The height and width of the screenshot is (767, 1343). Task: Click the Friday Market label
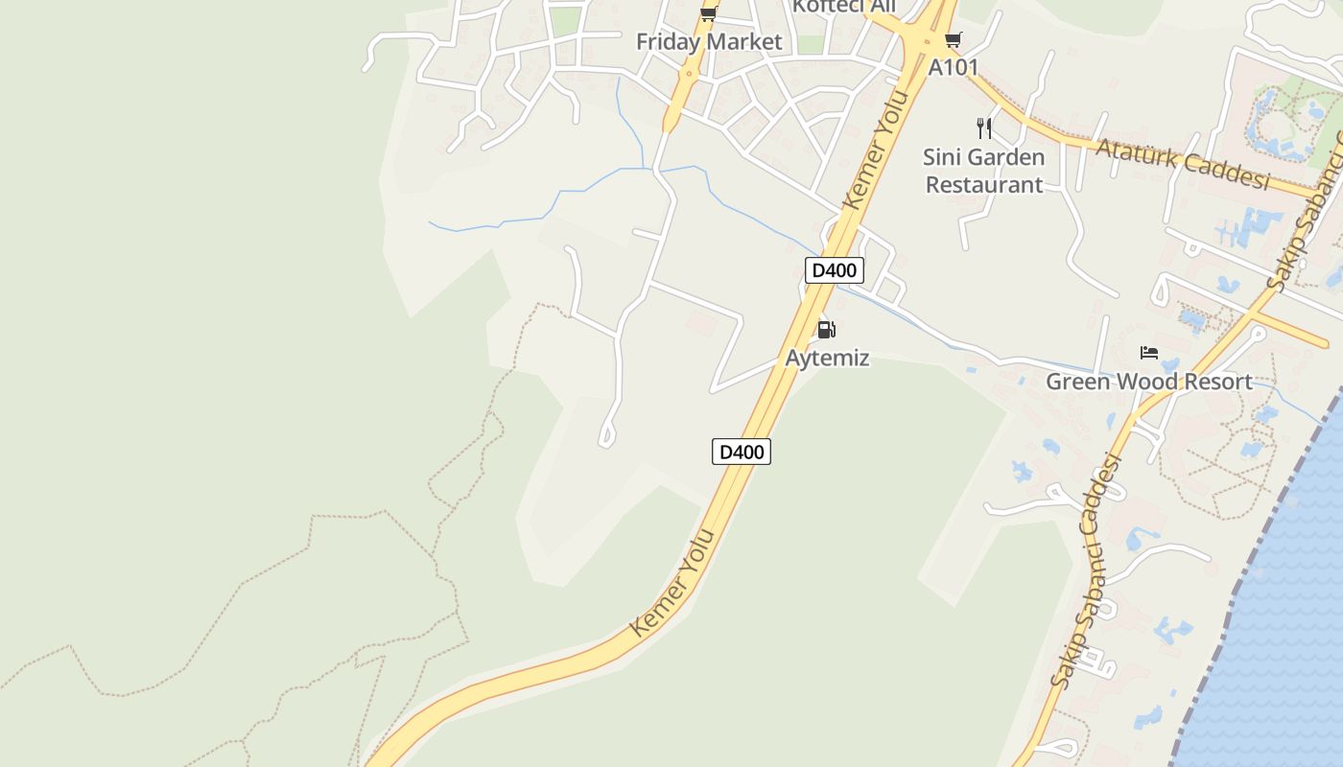709,42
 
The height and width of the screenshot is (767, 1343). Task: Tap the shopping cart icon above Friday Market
708,12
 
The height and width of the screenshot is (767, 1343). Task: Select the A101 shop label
953,67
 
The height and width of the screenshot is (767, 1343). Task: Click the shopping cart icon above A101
953,39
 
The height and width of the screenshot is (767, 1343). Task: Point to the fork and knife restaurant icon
983,128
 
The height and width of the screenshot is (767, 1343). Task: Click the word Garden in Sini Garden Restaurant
1008,156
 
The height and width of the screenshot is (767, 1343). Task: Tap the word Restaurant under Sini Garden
983,184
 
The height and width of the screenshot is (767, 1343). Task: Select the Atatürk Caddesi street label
1182,163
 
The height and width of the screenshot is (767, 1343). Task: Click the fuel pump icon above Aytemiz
826,331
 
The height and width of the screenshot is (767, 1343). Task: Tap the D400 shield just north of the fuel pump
834,270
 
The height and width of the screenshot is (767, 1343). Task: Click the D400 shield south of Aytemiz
742,452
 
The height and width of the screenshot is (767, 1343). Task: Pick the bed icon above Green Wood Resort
1148,353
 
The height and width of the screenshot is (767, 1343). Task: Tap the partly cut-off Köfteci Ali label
843,7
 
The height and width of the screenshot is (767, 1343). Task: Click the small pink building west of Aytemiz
700,324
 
